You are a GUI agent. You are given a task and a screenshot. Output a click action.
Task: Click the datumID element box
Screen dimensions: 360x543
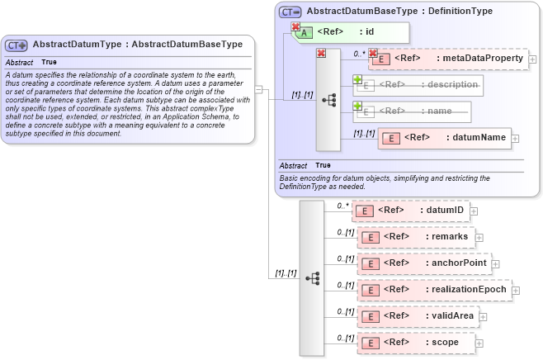411,211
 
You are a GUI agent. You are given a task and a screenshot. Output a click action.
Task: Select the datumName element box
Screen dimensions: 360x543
444,138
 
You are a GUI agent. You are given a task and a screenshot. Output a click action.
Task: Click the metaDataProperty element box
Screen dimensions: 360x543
447,59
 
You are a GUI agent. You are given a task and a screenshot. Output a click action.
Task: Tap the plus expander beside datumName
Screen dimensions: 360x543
516,139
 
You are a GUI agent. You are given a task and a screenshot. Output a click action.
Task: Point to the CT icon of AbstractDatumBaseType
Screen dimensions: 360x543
290,12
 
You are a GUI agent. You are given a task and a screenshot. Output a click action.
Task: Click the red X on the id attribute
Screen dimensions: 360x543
295,26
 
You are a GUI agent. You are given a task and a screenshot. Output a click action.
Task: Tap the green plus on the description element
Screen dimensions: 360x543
358,80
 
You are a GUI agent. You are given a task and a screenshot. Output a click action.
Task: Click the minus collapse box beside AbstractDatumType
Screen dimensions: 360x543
258,89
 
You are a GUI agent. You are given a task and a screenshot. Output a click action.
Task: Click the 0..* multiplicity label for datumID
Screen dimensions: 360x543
343,206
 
